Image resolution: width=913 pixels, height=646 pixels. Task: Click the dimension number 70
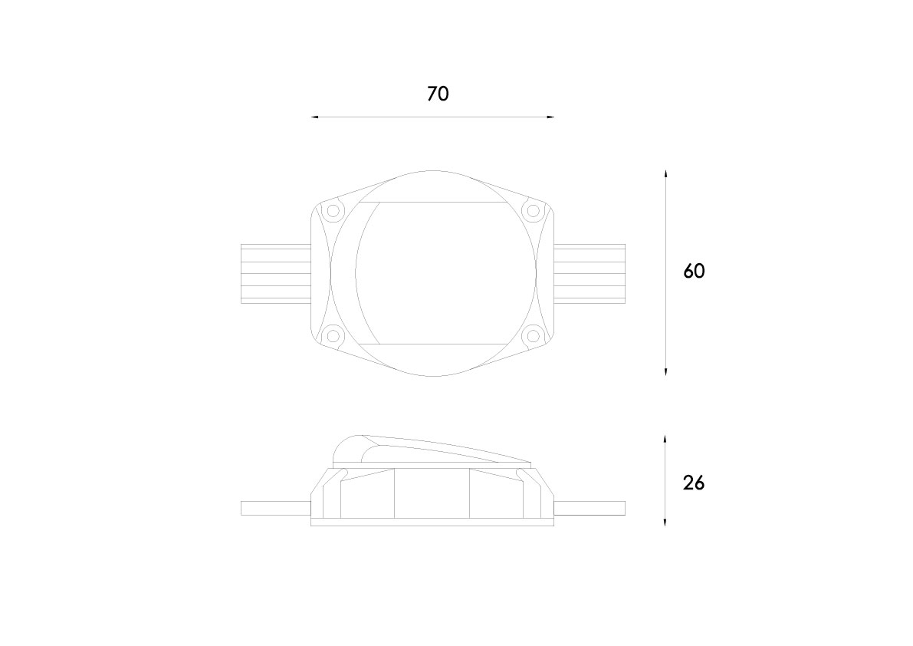pos(438,94)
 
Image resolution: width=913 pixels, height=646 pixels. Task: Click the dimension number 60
pos(694,271)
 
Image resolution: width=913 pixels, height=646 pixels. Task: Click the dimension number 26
pos(694,483)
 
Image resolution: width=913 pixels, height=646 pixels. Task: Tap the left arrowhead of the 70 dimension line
pos(314,117)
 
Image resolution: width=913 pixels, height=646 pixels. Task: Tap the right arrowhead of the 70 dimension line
pos(550,117)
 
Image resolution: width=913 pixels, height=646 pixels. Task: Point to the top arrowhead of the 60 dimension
pos(665,174)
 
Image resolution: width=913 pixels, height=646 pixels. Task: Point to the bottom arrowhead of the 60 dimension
pos(665,371)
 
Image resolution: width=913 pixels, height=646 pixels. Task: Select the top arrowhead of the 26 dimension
pos(665,438)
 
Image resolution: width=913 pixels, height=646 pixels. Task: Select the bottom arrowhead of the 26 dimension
pos(665,522)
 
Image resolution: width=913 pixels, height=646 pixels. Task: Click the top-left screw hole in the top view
pos(333,210)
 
